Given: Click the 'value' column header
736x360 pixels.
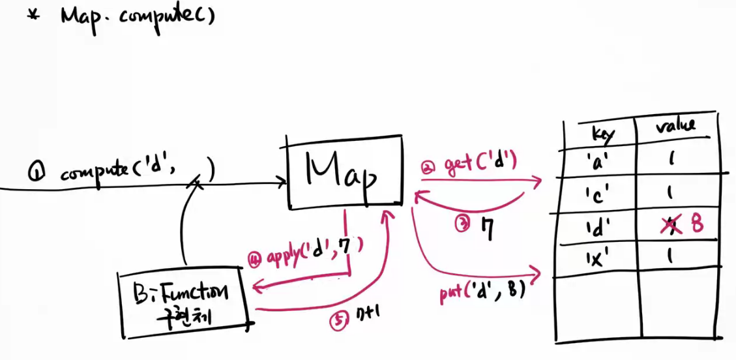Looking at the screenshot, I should click(x=675, y=126).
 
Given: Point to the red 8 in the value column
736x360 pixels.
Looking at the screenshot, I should click(x=696, y=224).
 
